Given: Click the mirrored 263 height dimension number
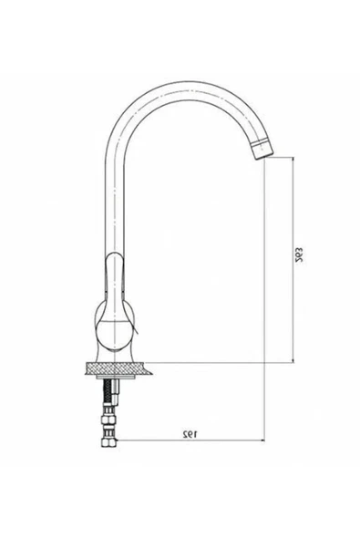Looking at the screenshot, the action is tap(299, 254).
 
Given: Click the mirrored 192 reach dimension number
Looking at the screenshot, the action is tap(190, 434).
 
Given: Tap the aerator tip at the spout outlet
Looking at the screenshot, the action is tap(262, 151).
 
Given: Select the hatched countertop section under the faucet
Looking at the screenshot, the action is tap(118, 369).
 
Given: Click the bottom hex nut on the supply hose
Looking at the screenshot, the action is tap(108, 441).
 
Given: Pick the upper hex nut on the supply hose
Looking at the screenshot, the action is tap(108, 420).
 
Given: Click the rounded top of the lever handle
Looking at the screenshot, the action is tap(114, 255).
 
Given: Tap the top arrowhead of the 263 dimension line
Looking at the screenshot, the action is tap(293, 158).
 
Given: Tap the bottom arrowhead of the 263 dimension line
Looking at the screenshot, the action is tap(293, 362).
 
